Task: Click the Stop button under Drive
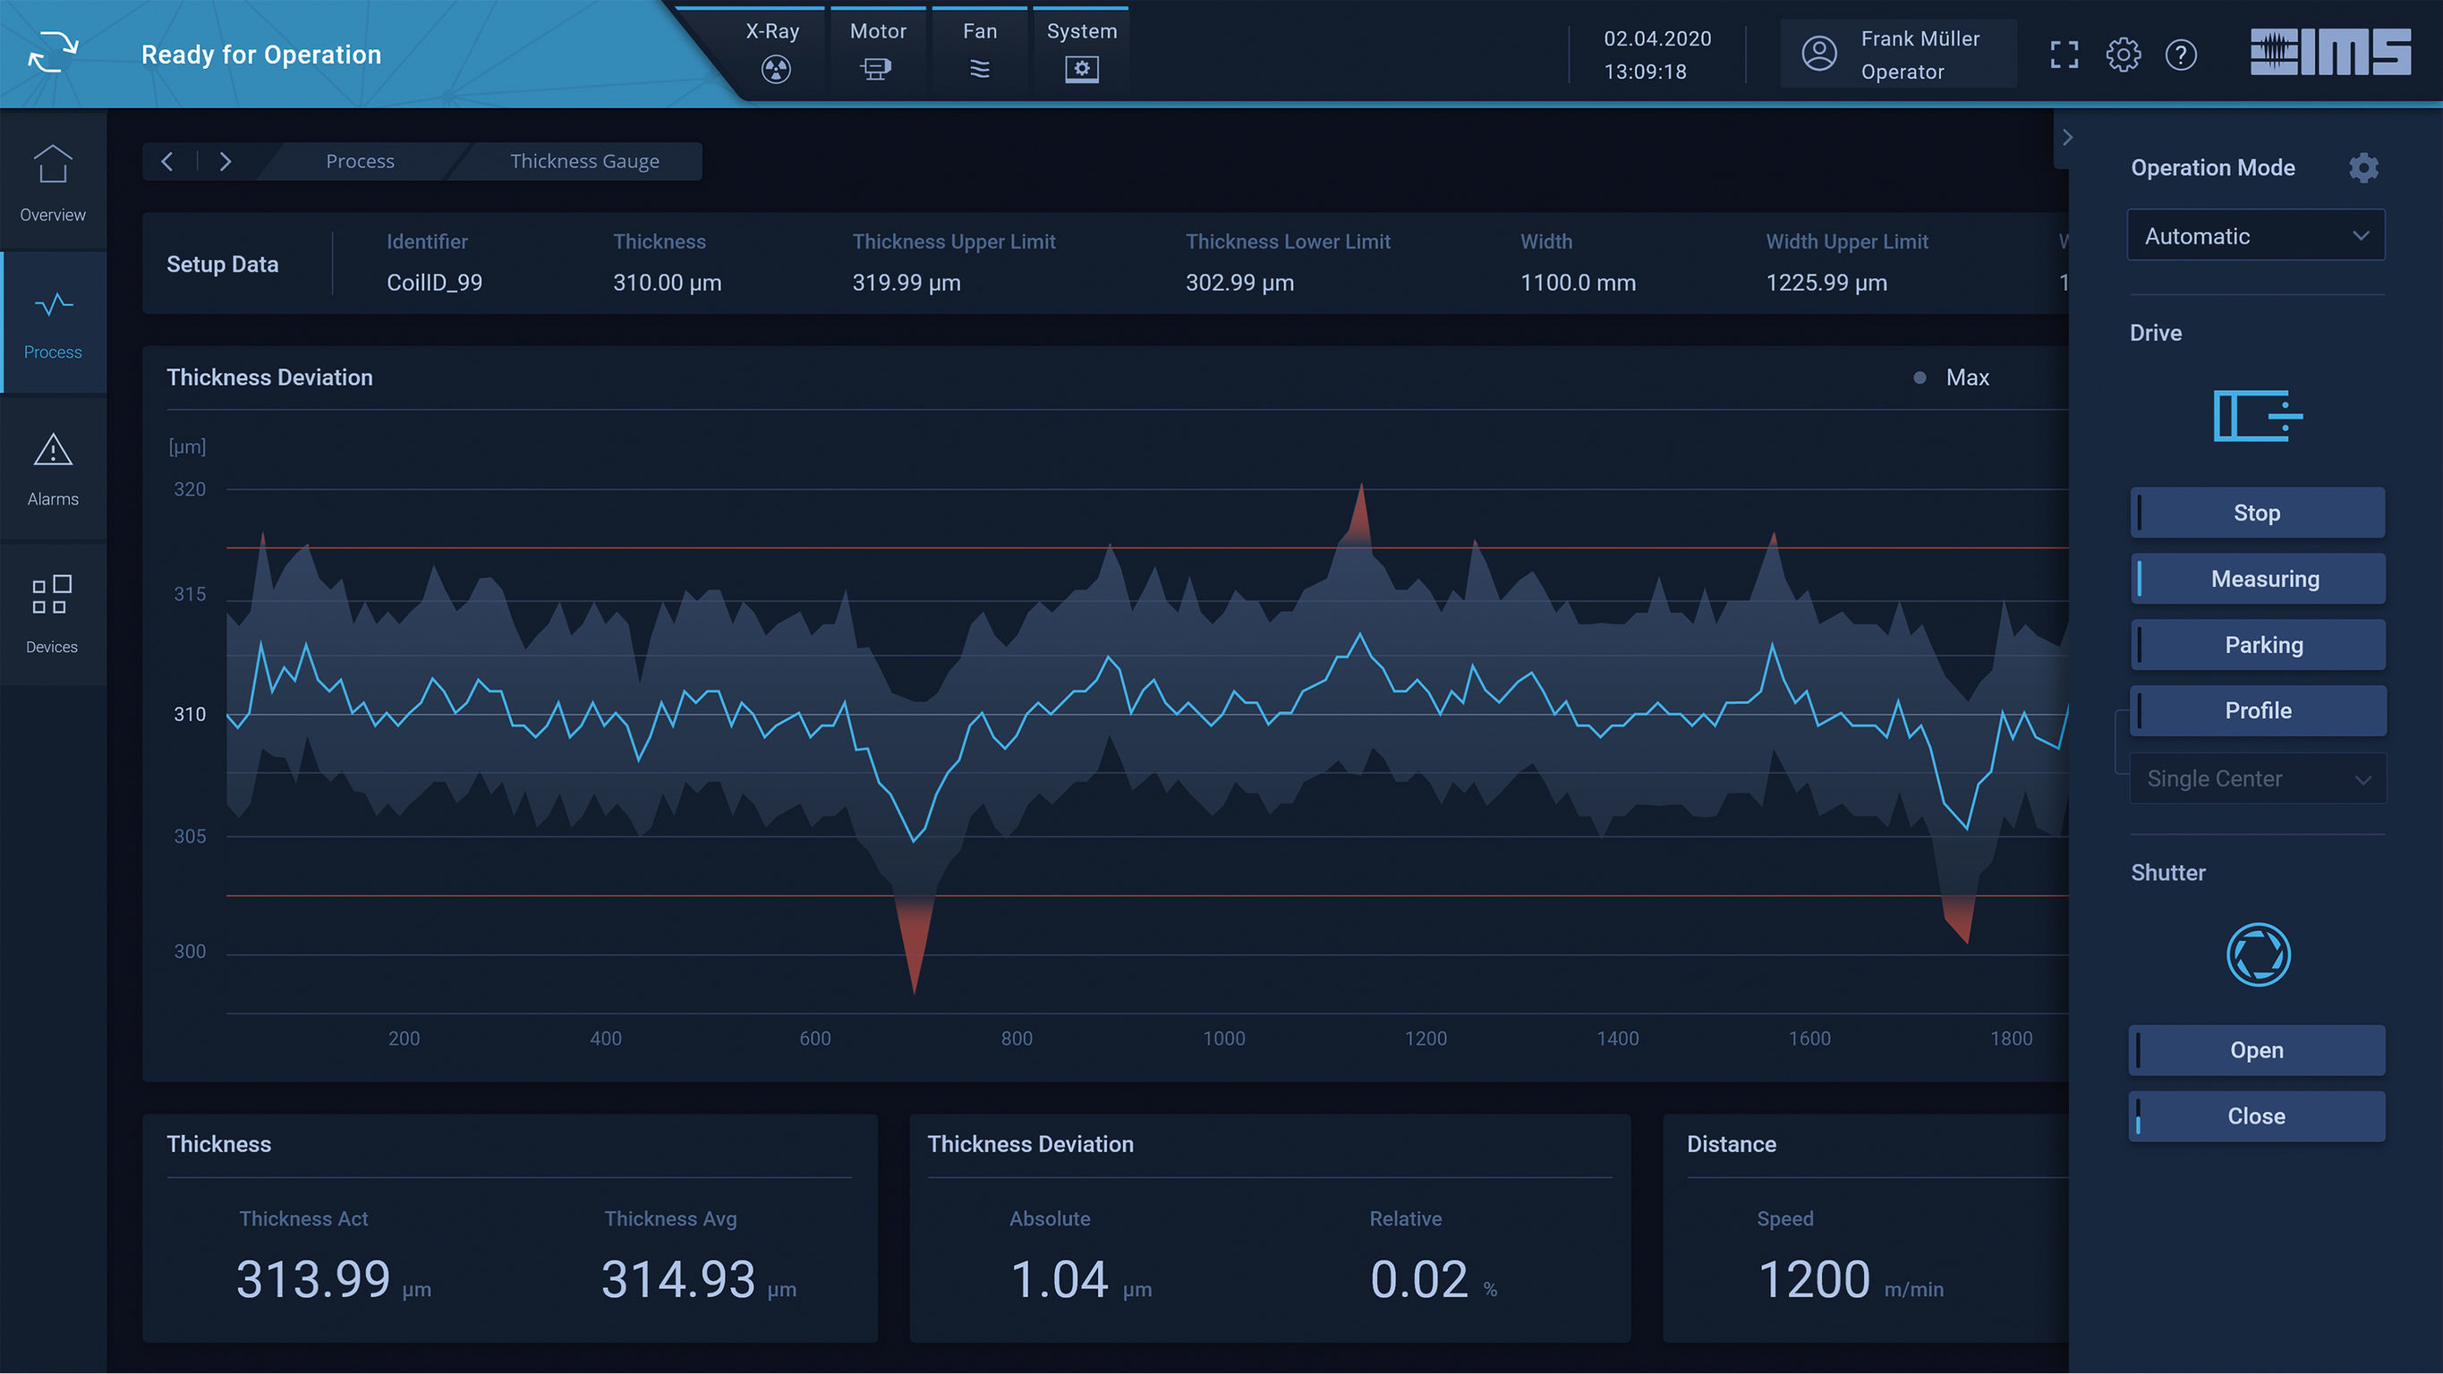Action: (2256, 513)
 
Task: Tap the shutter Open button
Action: (2256, 1049)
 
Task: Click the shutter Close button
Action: (2256, 1116)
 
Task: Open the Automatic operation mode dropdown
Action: (2255, 236)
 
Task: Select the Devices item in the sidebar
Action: (52, 614)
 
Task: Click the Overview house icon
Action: (53, 164)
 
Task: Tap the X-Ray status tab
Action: (774, 51)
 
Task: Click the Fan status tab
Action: (980, 51)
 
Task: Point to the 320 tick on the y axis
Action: (190, 489)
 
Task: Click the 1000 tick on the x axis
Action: (1223, 1039)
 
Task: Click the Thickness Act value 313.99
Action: (313, 1279)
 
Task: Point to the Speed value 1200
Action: (1813, 1279)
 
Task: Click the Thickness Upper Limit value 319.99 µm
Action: (906, 283)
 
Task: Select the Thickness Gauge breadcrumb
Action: (584, 161)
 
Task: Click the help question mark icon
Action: (2180, 55)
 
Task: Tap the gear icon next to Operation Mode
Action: (2363, 168)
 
